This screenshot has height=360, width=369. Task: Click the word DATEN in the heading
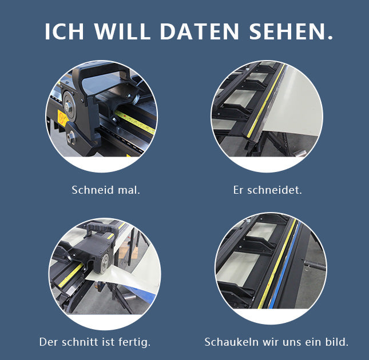199,31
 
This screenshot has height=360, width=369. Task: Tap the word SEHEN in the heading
291,31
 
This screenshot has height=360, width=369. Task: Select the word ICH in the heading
64,31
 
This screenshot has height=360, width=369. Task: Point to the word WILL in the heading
122,31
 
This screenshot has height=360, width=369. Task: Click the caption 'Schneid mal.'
106,190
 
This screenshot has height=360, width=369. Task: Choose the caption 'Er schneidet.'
267,190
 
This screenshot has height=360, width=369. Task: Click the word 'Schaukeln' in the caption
232,342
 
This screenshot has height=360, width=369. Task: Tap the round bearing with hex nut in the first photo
69,106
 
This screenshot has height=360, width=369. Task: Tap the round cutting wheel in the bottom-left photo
105,263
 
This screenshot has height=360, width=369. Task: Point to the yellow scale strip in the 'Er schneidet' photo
266,100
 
